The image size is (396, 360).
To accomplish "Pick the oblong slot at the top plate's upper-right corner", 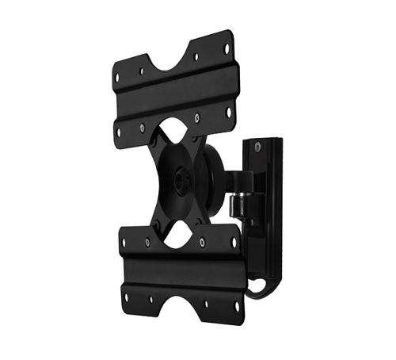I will click(227, 48).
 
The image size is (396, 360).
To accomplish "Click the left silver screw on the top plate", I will click(142, 126).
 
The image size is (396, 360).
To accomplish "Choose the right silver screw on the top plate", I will click(197, 117).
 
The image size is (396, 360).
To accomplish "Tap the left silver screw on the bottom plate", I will click(147, 242).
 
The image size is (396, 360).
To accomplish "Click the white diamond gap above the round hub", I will click(173, 136).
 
